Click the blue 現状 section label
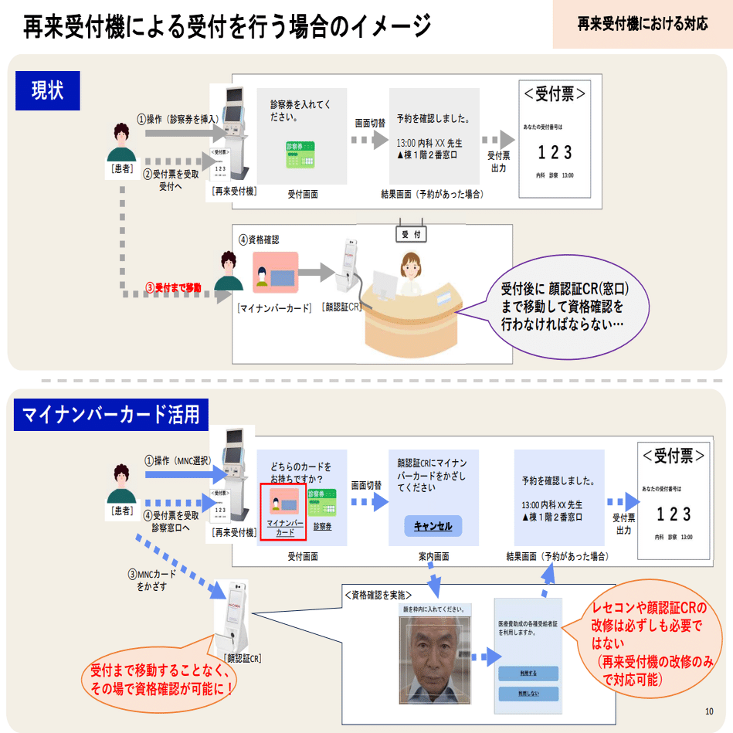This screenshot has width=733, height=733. (48, 89)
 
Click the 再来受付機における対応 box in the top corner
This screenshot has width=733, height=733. (642, 24)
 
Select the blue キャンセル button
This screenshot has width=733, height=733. (433, 526)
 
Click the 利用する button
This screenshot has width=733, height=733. (528, 673)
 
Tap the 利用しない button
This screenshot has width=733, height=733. (528, 694)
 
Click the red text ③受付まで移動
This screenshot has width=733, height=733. (174, 287)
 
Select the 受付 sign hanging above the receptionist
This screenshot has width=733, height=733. (409, 234)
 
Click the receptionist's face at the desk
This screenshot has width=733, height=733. (409, 266)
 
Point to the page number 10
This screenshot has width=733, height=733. (709, 711)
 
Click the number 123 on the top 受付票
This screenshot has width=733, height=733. (555, 152)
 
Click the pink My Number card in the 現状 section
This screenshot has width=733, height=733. (275, 273)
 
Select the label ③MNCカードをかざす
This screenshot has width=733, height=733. (151, 580)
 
